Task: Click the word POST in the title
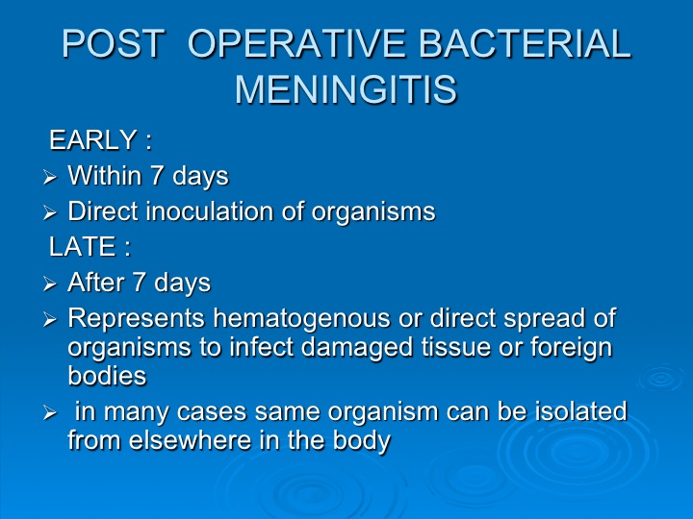pos(113,43)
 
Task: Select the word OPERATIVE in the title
pos(296,43)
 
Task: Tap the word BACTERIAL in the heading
pos(525,43)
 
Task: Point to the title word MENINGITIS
pos(346,89)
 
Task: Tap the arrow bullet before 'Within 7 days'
pos(50,178)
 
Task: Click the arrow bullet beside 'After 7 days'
pos(50,284)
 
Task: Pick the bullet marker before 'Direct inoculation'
pos(50,213)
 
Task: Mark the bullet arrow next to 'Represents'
pos(50,319)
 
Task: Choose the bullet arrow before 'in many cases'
pos(50,413)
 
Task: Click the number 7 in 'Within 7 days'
pos(157,176)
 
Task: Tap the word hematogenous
pos(302,319)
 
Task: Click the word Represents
pos(136,319)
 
